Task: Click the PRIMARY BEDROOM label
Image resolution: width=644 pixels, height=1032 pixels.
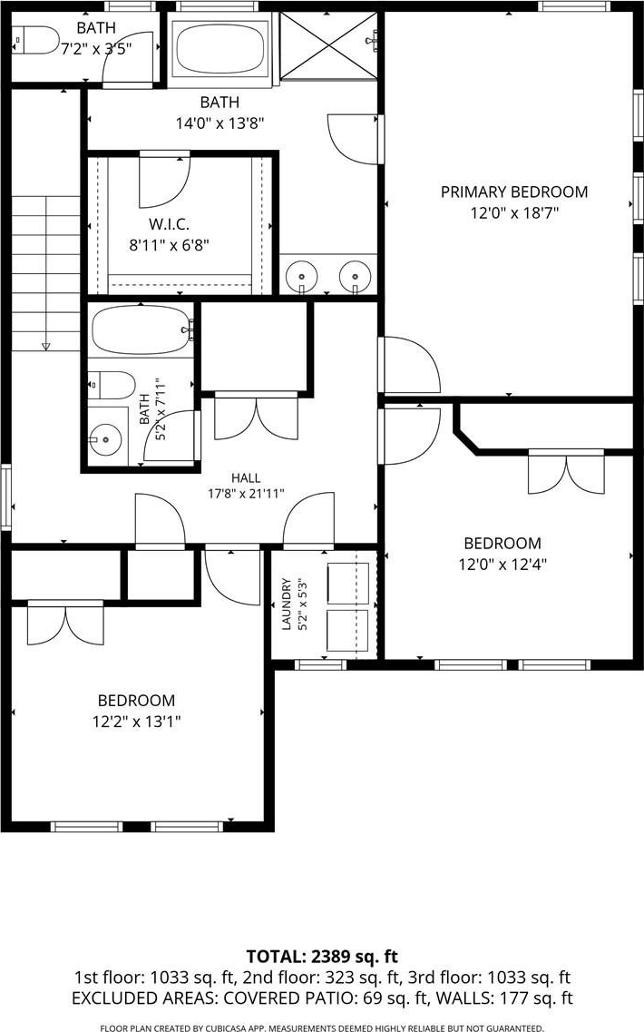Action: [x=513, y=192]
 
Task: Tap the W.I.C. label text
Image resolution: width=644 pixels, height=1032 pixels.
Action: [x=169, y=225]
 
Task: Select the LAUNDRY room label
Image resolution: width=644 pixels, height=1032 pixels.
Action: [x=287, y=604]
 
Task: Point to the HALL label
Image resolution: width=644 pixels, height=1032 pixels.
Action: [x=246, y=477]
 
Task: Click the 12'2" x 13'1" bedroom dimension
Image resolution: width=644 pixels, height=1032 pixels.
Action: [x=136, y=722]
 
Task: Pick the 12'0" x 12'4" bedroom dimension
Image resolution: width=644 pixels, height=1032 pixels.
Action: [x=503, y=564]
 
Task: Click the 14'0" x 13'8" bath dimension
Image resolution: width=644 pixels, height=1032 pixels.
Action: [x=220, y=123]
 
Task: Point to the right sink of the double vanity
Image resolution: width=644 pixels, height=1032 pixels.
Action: [x=355, y=273]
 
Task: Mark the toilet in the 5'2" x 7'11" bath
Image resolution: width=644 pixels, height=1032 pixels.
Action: [x=112, y=384]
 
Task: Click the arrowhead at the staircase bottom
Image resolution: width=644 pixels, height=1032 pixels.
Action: [x=45, y=345]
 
